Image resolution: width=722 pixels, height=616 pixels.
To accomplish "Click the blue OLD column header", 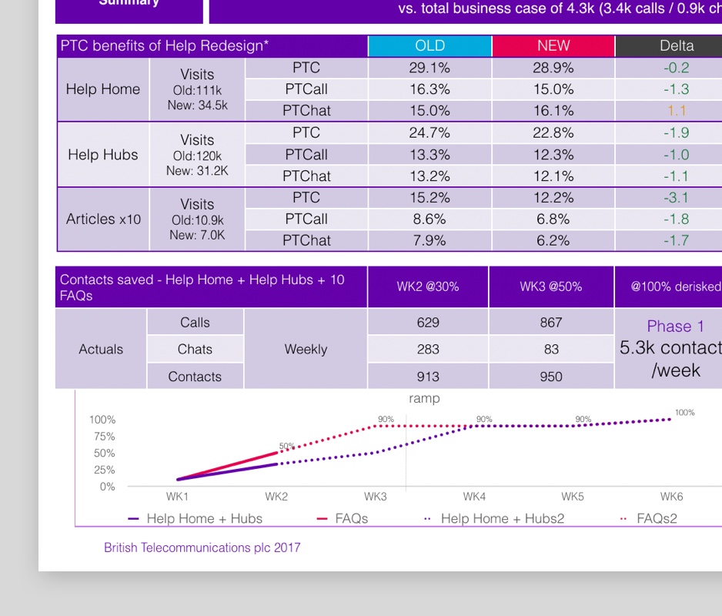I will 430,46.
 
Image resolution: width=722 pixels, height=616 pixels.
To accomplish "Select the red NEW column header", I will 553,46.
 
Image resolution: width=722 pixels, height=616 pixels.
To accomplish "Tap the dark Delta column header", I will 676,46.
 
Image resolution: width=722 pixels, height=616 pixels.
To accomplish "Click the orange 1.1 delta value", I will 676,111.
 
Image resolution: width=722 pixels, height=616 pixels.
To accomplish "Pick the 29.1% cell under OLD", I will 430,68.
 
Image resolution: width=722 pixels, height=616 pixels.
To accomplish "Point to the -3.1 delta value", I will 676,198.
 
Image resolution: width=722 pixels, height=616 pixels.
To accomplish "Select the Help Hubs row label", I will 103,155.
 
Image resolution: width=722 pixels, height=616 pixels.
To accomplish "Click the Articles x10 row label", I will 103,219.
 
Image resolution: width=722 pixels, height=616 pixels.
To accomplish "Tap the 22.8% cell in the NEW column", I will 553,133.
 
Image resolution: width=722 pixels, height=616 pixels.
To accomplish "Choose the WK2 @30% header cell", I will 428,286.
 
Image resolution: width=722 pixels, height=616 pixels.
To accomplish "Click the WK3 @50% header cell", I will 551,286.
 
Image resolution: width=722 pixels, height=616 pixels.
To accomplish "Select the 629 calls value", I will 428,323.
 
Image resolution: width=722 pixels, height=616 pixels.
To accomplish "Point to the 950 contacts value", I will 551,377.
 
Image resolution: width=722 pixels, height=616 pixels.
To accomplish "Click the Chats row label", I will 195,350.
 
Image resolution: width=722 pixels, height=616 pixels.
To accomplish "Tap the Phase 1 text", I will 675,326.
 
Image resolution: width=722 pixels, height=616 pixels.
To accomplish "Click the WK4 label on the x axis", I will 474,497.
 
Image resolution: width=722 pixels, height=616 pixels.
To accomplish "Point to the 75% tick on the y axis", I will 102,437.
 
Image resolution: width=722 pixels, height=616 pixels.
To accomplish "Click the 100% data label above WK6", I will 684,413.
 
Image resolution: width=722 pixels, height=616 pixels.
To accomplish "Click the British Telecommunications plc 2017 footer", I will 202,548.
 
